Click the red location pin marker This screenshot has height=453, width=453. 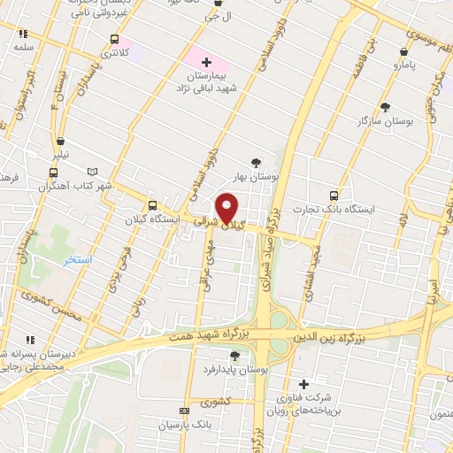pyautogui.click(x=227, y=209)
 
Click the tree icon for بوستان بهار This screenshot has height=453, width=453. pyautogui.click(x=257, y=162)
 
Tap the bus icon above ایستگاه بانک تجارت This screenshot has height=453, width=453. pyautogui.click(x=334, y=196)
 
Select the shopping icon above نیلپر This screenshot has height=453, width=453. pyautogui.click(x=60, y=141)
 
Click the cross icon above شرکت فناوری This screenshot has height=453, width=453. pyautogui.click(x=304, y=383)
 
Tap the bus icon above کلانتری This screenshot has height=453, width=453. pyautogui.click(x=114, y=39)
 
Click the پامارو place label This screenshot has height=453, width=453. pyautogui.click(x=406, y=65)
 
